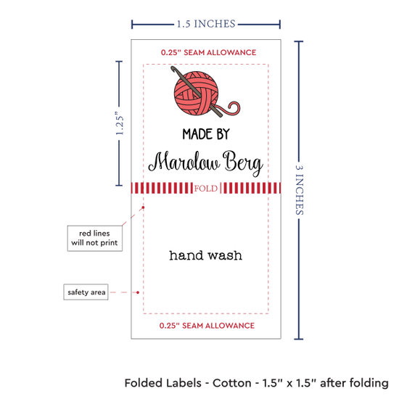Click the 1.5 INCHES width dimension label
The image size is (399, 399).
(206, 24)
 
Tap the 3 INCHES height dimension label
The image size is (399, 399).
(299, 190)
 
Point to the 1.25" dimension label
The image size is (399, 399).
(120, 123)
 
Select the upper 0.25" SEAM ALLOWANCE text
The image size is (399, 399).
(208, 52)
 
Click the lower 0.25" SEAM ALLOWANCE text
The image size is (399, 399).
(207, 326)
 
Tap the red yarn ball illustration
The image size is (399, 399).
(196, 93)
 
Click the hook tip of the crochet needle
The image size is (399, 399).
(173, 68)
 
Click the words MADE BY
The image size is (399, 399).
(206, 134)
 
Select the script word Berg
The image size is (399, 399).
(243, 163)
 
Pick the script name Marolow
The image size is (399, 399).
(184, 162)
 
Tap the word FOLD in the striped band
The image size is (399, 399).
(206, 189)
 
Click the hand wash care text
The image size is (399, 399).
(205, 255)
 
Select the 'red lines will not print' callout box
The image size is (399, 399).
(94, 238)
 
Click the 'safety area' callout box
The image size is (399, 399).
(86, 292)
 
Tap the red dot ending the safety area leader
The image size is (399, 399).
(138, 292)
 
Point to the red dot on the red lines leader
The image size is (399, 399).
(143, 207)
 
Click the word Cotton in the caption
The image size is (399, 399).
(232, 383)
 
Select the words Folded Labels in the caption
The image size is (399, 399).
(163, 383)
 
